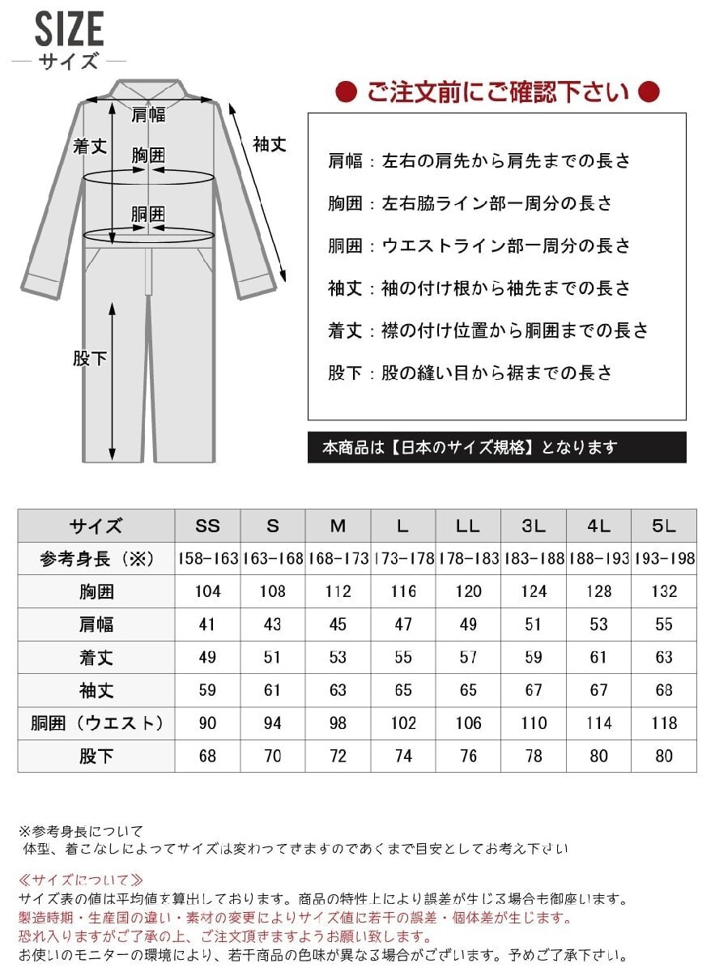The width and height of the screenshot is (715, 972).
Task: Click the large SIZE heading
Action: coord(69,31)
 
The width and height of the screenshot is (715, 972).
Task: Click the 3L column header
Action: coord(534,526)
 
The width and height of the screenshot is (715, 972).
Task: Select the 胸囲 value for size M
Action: coord(338,591)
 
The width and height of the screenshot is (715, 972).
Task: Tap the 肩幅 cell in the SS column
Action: coord(208,625)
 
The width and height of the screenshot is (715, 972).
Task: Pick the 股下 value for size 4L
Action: coord(598,756)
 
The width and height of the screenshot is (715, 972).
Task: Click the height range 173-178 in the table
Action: coord(403,559)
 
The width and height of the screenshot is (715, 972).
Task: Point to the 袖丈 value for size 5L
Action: coord(663,690)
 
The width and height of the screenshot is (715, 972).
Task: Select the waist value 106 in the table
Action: coord(468,723)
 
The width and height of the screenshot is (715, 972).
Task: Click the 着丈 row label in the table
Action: coord(96,657)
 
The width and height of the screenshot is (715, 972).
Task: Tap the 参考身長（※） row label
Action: coord(96,559)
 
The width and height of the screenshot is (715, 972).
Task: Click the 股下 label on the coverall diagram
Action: coord(90,357)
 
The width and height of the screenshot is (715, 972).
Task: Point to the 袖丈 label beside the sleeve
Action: coord(270,144)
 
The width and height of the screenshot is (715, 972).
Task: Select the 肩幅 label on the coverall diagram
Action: coord(148,114)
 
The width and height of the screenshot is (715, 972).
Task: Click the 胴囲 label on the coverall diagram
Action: coord(148,215)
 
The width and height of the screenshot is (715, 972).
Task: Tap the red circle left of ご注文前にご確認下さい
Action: coord(347,92)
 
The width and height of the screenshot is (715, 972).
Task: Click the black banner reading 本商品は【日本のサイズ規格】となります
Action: coord(496,447)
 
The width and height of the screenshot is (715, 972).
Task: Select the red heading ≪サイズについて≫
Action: coord(80,880)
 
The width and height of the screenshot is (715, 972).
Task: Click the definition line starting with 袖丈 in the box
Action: coord(479,288)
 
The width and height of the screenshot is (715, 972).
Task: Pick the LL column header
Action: coord(468,526)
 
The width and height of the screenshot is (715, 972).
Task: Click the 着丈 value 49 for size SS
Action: coord(208,657)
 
